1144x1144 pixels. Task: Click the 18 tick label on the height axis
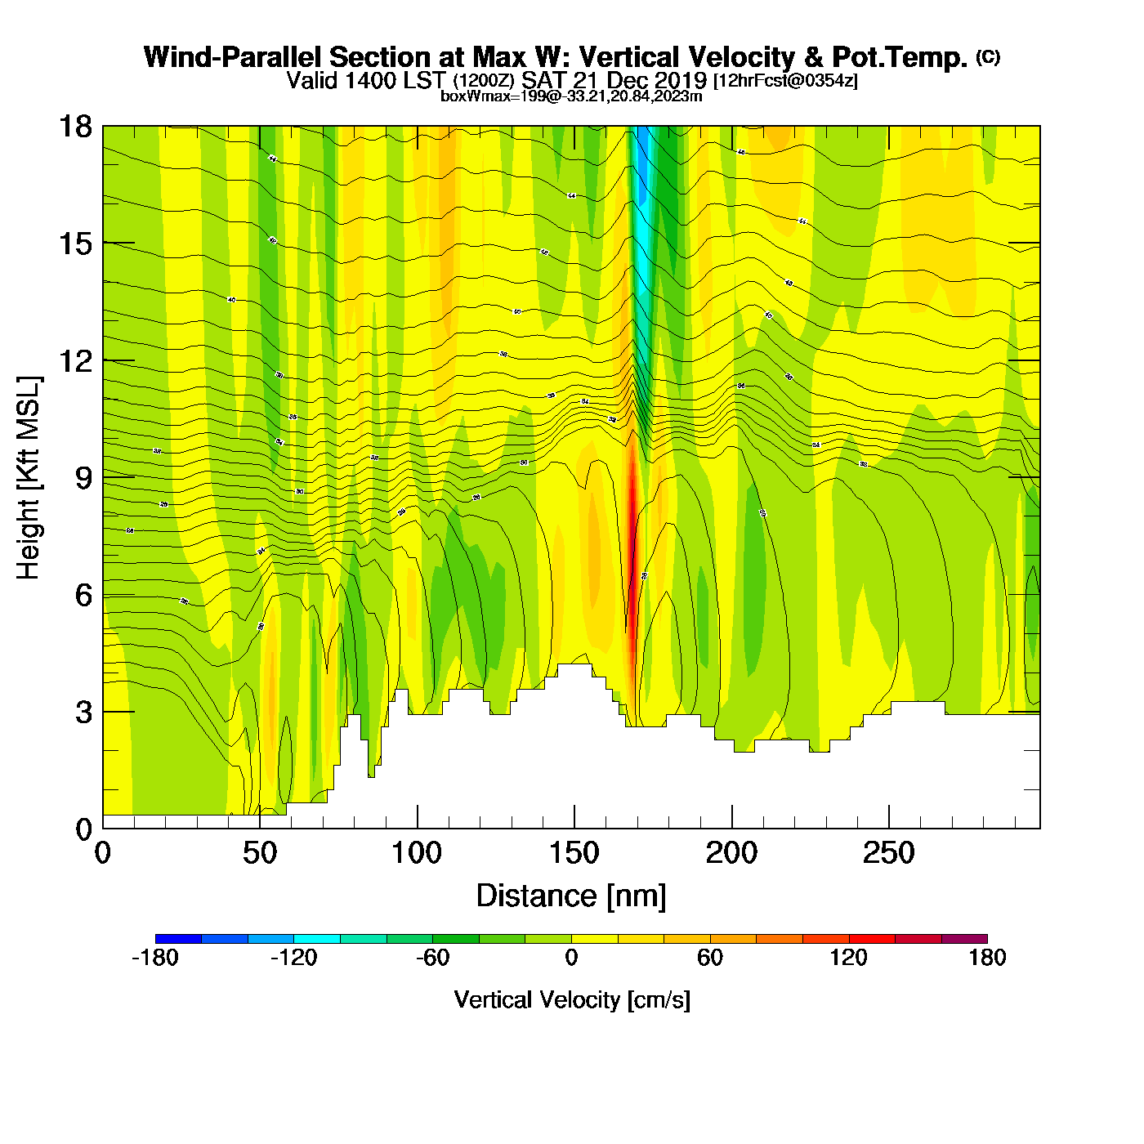click(x=74, y=127)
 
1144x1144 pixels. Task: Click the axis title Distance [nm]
click(x=571, y=896)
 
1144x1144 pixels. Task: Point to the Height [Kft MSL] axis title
click(x=29, y=478)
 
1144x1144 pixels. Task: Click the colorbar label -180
click(x=155, y=958)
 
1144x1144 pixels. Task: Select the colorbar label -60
click(x=432, y=958)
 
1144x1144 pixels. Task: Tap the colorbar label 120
click(x=849, y=958)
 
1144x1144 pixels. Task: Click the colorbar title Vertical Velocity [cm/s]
click(x=572, y=1000)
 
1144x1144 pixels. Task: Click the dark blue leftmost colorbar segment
click(x=178, y=939)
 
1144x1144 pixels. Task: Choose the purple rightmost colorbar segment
click(x=964, y=939)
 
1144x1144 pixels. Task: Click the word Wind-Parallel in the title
click(x=232, y=58)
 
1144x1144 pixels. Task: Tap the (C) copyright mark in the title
click(x=988, y=56)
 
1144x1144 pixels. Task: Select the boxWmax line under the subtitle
click(x=571, y=96)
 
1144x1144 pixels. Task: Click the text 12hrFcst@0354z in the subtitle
click(x=786, y=82)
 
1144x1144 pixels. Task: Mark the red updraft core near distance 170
click(x=632, y=531)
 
